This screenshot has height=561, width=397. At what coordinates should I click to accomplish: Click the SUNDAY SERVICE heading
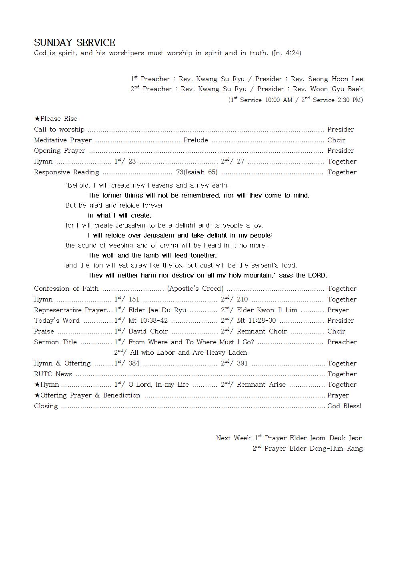point(75,42)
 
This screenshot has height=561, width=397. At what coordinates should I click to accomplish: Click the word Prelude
point(196,140)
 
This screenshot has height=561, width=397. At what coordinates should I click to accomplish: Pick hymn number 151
point(134,299)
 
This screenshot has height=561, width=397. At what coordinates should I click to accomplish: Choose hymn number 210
point(242,299)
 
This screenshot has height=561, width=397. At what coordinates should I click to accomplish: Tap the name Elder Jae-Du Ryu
point(157,310)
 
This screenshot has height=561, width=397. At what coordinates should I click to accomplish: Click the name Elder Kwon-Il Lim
point(267,310)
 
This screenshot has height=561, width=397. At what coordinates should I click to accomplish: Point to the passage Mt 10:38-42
point(148,320)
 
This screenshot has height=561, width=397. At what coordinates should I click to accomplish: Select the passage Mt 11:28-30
point(256,320)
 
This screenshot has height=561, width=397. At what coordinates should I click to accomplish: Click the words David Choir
point(148,331)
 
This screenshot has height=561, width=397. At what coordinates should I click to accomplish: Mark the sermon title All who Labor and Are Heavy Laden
point(188,352)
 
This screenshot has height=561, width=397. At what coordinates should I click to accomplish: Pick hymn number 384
point(134,363)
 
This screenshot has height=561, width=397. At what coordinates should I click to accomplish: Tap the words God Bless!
point(344,406)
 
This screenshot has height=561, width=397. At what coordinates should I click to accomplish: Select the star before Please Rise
point(37,119)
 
